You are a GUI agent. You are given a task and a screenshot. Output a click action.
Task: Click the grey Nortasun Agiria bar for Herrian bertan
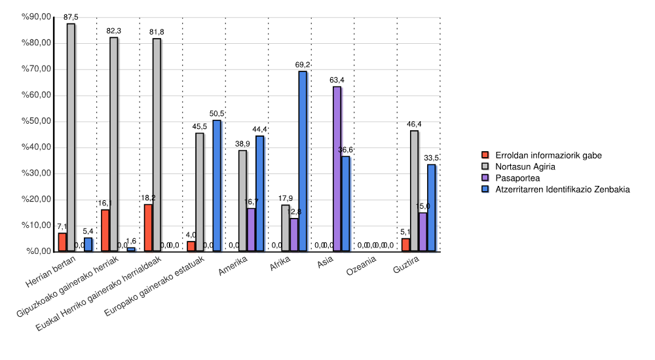pyautogui.click(x=71, y=137)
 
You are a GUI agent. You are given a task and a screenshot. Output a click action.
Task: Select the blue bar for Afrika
pyautogui.click(x=303, y=161)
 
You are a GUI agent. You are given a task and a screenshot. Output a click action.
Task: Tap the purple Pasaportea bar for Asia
pyautogui.click(x=337, y=169)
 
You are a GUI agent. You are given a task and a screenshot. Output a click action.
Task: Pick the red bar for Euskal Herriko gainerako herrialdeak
pyautogui.click(x=148, y=228)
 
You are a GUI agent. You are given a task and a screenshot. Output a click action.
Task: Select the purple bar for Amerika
pyautogui.click(x=251, y=230)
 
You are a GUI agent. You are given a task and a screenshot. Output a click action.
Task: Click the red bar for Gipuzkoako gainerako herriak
pyautogui.click(x=105, y=230)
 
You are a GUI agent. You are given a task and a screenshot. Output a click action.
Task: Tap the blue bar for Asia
pyautogui.click(x=346, y=204)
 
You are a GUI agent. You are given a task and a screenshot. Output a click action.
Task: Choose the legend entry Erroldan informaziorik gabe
pyautogui.click(x=548, y=155)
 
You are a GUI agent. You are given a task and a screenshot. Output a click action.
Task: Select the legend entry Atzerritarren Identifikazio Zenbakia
pyautogui.click(x=562, y=189)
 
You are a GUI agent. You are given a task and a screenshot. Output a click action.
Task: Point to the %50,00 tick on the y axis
pyautogui.click(x=36, y=122)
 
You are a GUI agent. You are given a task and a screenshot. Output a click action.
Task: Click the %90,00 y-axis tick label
pyautogui.click(x=36, y=18)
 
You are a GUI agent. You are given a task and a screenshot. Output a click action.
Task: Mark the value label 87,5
pyautogui.click(x=71, y=17)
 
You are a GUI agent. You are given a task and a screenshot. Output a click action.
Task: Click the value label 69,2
pyautogui.click(x=303, y=65)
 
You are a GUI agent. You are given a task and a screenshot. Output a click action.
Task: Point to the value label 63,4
pyautogui.click(x=337, y=80)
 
